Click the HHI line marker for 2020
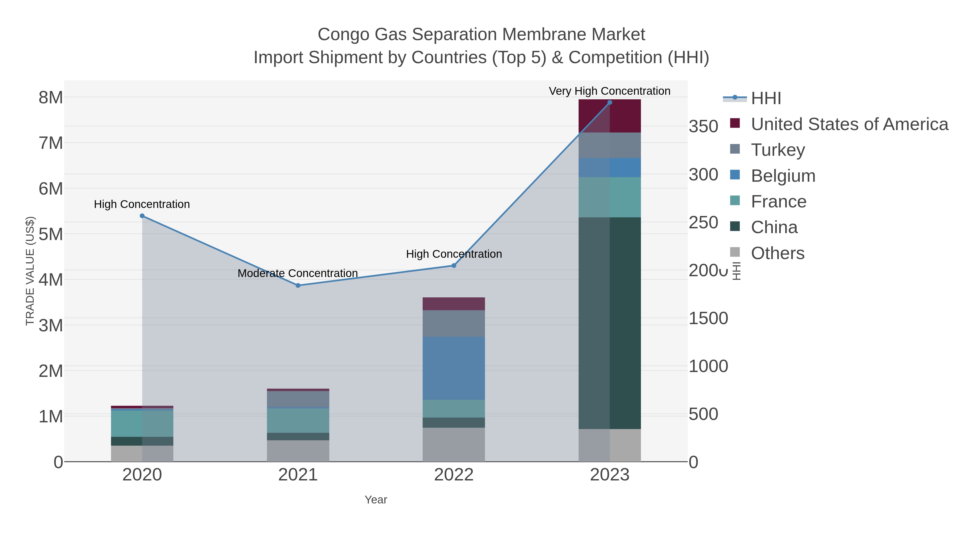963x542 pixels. pyautogui.click(x=142, y=216)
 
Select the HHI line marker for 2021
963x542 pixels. pyautogui.click(x=298, y=285)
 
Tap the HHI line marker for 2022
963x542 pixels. pyautogui.click(x=454, y=266)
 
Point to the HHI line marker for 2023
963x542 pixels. pyautogui.click(x=610, y=103)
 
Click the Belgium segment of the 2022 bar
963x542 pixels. pyautogui.click(x=454, y=369)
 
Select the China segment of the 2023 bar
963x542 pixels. pyautogui.click(x=610, y=323)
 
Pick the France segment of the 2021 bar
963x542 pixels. pyautogui.click(x=298, y=420)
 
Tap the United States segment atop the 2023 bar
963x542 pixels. pyautogui.click(x=610, y=116)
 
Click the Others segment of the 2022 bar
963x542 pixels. pyautogui.click(x=454, y=445)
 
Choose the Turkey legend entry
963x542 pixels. pyautogui.click(x=778, y=150)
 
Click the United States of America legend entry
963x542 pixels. pyautogui.click(x=849, y=124)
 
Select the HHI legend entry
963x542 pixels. pyautogui.click(x=766, y=98)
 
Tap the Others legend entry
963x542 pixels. pyautogui.click(x=778, y=253)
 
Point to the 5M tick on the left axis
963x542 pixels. pyautogui.click(x=51, y=234)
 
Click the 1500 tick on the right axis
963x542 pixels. pyautogui.click(x=708, y=318)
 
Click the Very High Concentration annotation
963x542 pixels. pyautogui.click(x=609, y=91)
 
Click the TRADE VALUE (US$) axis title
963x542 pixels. pyautogui.click(x=30, y=271)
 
